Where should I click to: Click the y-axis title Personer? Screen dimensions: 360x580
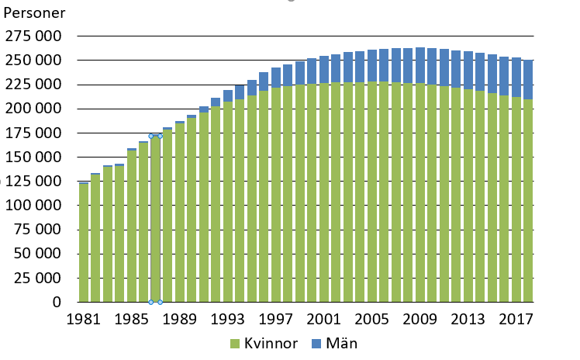click(x=35, y=14)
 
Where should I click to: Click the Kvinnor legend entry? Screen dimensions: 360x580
click(x=271, y=343)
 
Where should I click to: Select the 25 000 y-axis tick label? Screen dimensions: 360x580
click(x=38, y=278)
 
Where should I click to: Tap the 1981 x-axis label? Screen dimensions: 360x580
click(x=84, y=319)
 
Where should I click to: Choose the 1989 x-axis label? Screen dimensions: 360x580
click(x=180, y=319)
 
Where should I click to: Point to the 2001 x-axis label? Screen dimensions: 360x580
click(x=324, y=319)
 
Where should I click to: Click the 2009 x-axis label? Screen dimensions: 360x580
click(x=420, y=319)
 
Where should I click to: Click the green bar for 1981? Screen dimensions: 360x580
click(x=84, y=243)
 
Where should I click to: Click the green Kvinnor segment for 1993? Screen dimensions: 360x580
click(x=228, y=202)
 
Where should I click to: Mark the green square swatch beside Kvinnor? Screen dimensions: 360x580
click(x=234, y=344)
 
